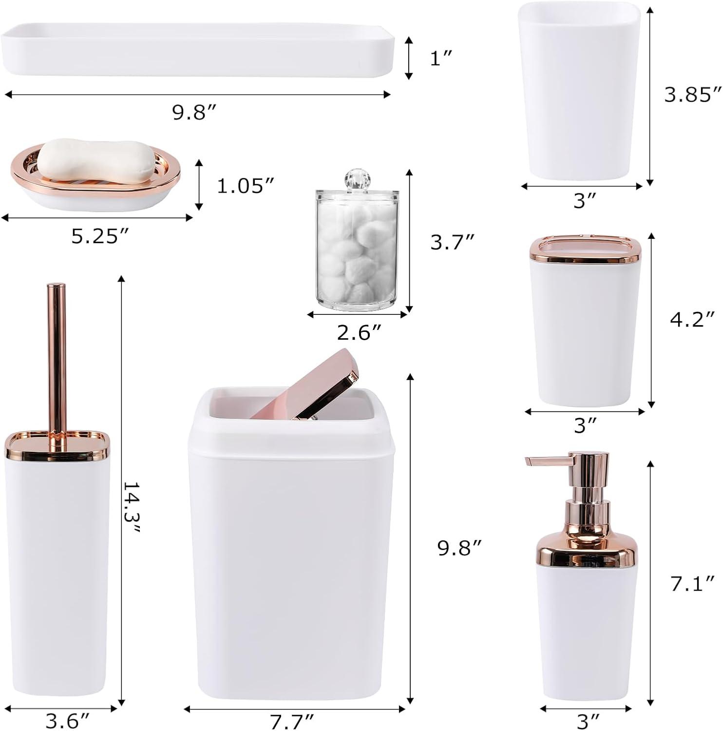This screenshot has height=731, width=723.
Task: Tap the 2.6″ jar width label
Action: tap(359, 333)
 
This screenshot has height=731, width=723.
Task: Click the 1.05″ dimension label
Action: tap(246, 186)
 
